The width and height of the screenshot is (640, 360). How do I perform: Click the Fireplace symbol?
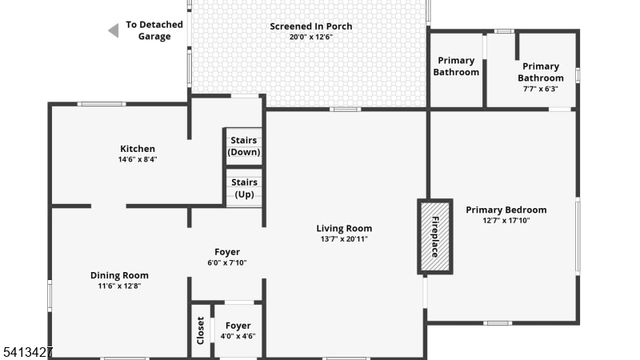point(434,237)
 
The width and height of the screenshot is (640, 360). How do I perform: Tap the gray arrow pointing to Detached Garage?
point(113,31)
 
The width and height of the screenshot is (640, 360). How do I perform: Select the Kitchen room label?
point(137,149)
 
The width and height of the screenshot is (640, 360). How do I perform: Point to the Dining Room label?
point(119,275)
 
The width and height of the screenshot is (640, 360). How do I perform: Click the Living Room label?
point(344,228)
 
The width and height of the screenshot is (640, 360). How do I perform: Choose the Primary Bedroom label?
point(506,209)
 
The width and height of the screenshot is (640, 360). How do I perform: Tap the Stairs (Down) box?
point(244,147)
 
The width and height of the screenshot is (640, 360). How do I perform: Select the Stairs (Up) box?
point(244,188)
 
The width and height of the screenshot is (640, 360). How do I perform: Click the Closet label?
point(200,331)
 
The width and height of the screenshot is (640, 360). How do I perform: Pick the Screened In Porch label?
point(311,26)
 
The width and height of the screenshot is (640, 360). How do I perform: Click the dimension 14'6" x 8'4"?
point(137,159)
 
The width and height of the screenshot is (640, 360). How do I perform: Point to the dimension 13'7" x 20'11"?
point(344,239)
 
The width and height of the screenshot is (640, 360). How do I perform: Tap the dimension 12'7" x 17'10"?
point(506,220)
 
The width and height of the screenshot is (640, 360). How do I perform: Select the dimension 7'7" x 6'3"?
point(541,89)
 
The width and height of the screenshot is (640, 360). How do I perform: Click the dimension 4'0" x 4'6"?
point(238,336)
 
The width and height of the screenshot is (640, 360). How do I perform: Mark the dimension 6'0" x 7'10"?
point(227,263)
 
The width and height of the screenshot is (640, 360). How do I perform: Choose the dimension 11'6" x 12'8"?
point(119,286)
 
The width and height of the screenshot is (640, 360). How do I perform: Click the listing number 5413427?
point(27,352)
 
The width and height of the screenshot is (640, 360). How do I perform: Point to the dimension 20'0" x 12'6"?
point(311,37)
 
